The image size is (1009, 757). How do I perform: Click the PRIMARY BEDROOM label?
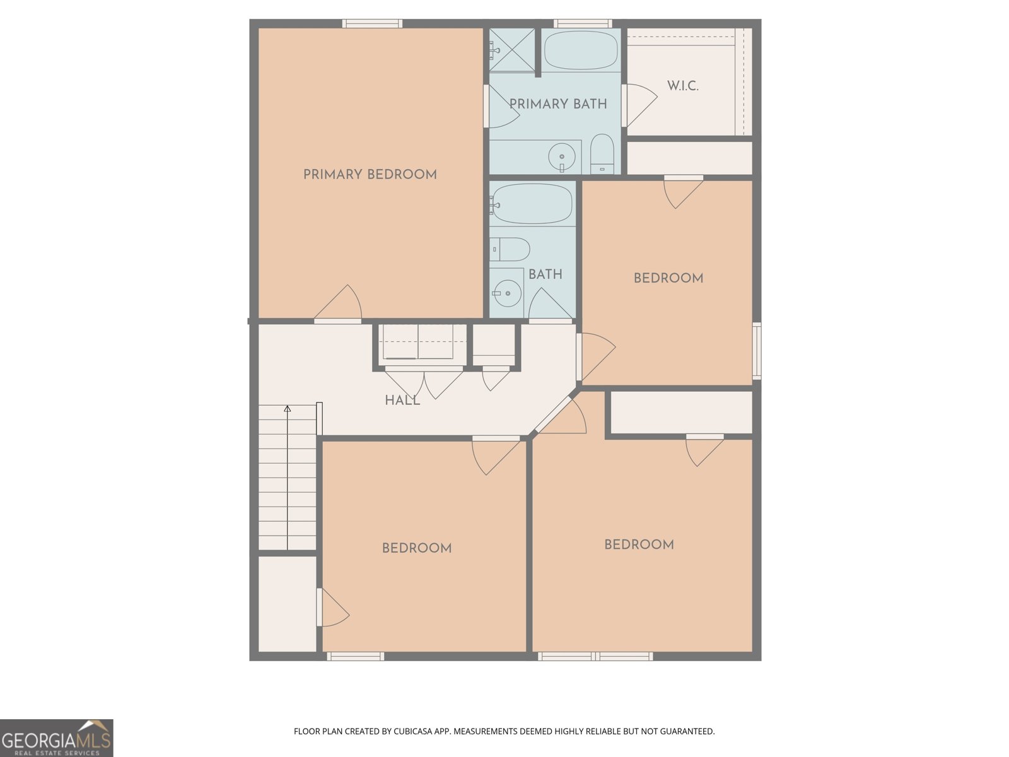(x=370, y=175)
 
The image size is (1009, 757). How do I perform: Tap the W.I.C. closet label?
(x=682, y=86)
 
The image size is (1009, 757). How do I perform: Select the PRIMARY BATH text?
(x=558, y=104)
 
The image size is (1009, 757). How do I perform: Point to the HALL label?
(x=402, y=401)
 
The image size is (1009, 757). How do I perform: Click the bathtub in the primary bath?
(x=581, y=50)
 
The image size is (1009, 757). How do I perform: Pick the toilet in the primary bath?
(x=602, y=154)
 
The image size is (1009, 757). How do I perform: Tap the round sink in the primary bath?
(x=562, y=156)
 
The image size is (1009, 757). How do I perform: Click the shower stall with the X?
(x=511, y=50)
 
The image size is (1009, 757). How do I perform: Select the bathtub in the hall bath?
(x=532, y=204)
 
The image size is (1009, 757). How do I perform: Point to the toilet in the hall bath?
(x=510, y=249)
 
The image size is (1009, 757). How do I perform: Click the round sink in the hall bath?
(x=507, y=293)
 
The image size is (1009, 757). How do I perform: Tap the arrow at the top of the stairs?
(x=288, y=409)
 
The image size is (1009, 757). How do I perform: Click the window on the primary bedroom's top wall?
(x=372, y=23)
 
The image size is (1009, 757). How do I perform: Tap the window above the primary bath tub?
(x=583, y=23)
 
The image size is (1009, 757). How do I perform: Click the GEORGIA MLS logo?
(x=57, y=738)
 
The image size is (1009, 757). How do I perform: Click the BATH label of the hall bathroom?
(x=545, y=274)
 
